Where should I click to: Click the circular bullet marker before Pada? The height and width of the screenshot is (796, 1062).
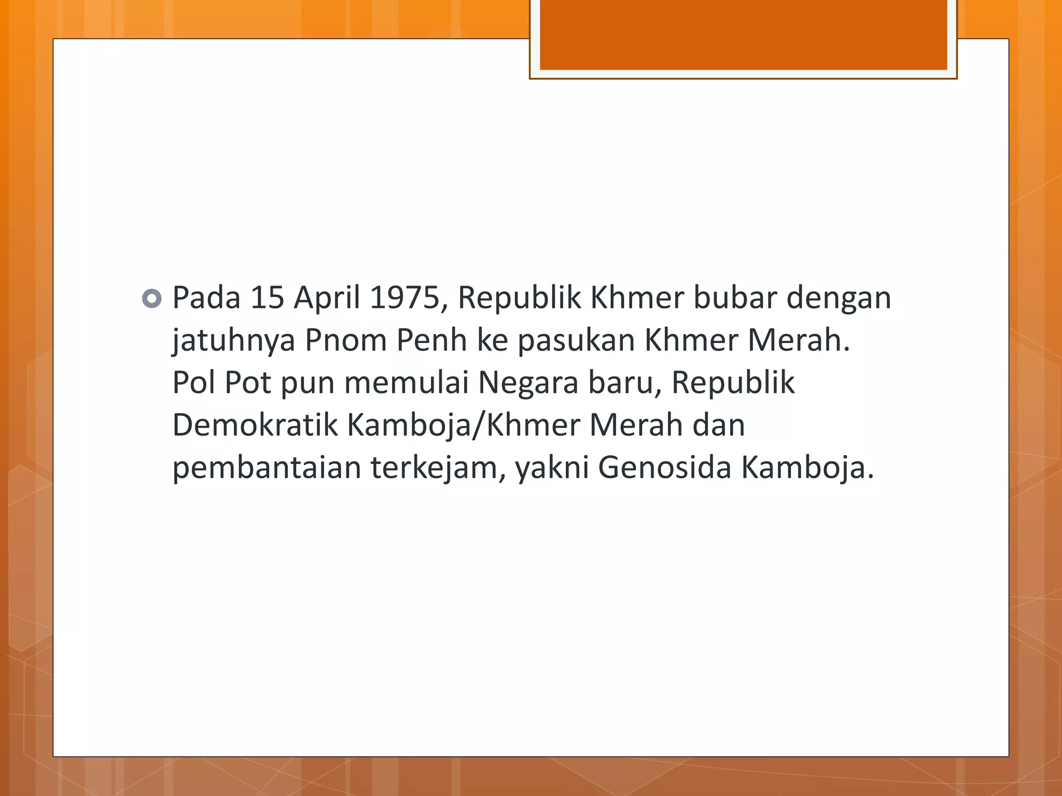click(151, 298)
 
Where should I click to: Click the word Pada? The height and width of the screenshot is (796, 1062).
click(206, 298)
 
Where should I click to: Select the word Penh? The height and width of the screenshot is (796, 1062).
click(431, 341)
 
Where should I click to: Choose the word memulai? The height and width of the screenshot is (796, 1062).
click(406, 383)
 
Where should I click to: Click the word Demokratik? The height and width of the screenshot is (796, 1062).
click(255, 426)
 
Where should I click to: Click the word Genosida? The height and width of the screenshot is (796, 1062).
click(665, 468)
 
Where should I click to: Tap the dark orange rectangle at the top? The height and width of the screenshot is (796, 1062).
click(743, 35)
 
